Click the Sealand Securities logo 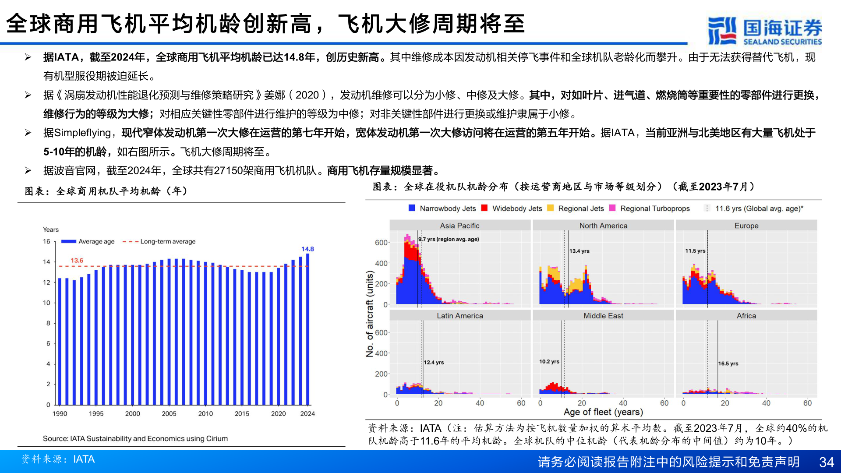point(764,31)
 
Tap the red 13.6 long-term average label point(77,261)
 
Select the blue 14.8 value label point(307,249)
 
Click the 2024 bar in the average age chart point(307,328)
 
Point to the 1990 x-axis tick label point(60,413)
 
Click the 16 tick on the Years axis point(46,241)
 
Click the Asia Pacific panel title point(459,226)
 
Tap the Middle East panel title point(603,316)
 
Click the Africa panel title point(746,316)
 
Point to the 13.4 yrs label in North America point(579,251)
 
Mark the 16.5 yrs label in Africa point(728,364)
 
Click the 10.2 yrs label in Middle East point(549,361)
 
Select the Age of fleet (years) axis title point(603,412)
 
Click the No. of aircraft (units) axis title point(370,314)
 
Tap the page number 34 point(826,462)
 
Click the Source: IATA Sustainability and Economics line point(135,438)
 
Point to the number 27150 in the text point(228,171)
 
